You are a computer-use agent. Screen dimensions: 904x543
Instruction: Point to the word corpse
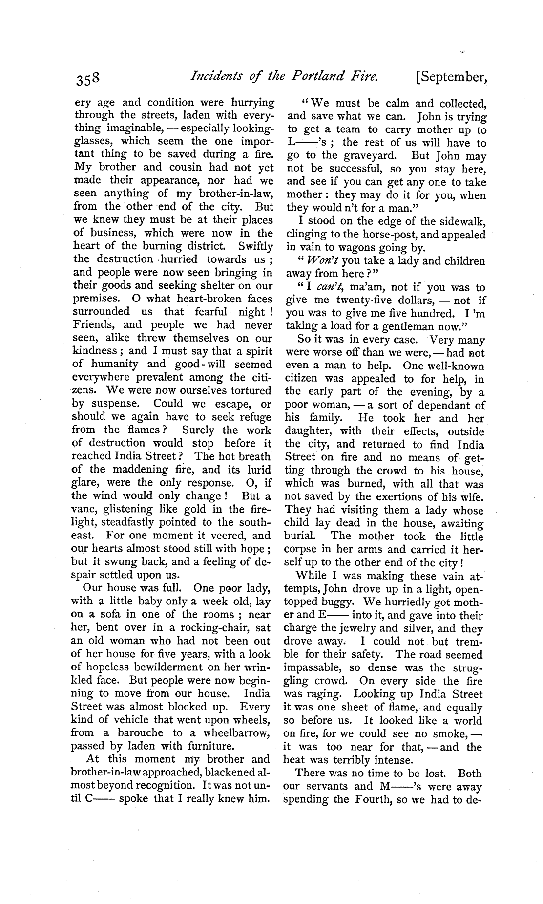pyautogui.click(x=301, y=550)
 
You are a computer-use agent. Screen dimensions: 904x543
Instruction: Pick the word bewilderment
pyautogui.click(x=160, y=667)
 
